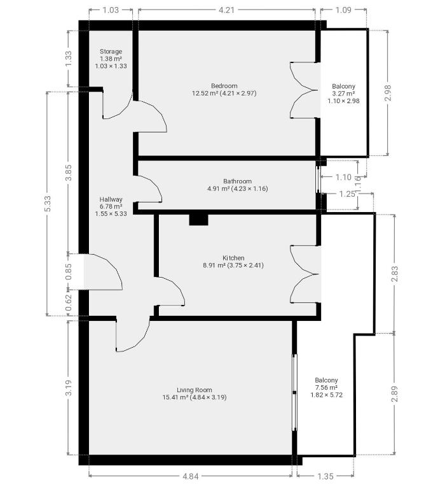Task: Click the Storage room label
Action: (111, 52)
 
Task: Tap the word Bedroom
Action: (224, 86)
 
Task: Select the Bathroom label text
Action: (237, 181)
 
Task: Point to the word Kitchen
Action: (233, 258)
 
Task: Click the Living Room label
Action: (195, 390)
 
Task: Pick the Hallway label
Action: (111, 199)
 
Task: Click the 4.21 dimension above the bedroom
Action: (226, 10)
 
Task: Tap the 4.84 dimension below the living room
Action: (190, 476)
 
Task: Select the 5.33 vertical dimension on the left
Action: (47, 204)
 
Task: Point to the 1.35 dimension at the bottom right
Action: (325, 476)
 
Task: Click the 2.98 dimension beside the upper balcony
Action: (388, 92)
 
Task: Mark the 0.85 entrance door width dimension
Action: (69, 272)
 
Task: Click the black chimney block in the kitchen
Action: (198, 220)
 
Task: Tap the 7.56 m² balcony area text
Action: (326, 388)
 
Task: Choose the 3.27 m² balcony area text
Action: (343, 94)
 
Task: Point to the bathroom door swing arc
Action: (149, 189)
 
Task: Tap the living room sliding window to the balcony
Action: (294, 392)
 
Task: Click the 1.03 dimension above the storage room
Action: (111, 10)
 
